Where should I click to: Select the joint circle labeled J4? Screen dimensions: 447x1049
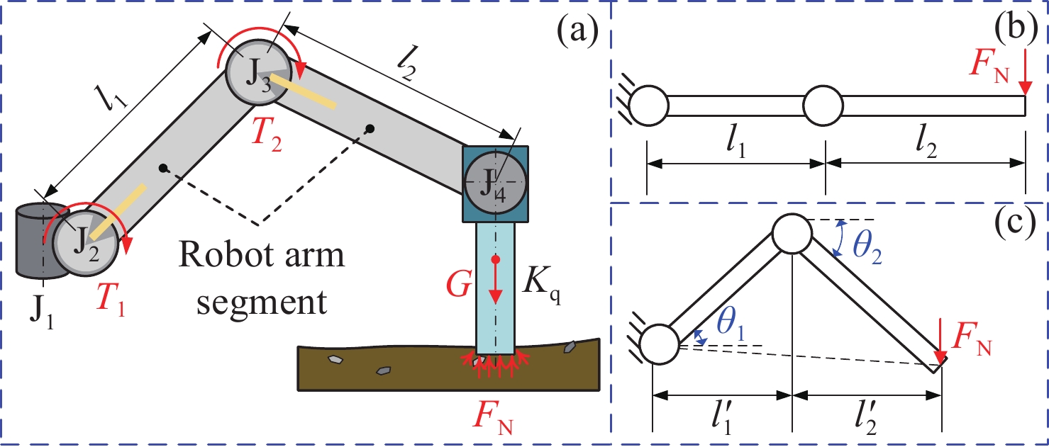point(494,182)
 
